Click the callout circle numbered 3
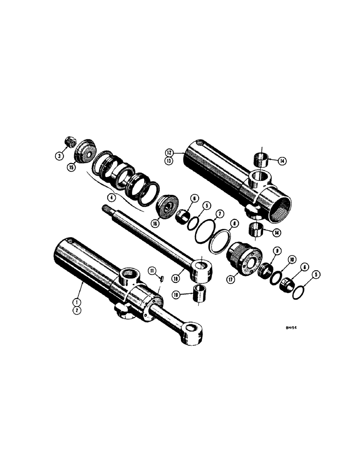60,157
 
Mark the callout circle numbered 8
235,224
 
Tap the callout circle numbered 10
292,259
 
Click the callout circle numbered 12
169,152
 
